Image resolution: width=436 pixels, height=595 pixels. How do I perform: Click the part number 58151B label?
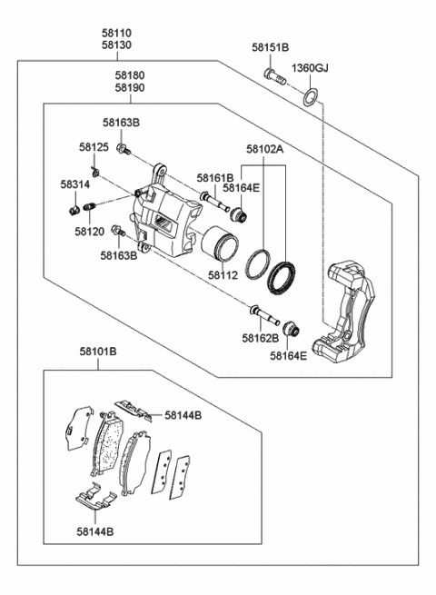click(x=270, y=47)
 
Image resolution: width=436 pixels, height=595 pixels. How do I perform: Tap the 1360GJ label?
click(x=310, y=68)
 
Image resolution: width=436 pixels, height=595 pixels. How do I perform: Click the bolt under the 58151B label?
click(x=274, y=76)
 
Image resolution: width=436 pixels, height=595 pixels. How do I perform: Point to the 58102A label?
click(x=264, y=149)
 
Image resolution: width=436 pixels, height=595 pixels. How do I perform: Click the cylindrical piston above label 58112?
click(x=219, y=244)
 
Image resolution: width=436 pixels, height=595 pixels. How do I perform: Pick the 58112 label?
click(x=223, y=275)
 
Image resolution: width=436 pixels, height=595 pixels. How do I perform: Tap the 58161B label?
click(x=214, y=178)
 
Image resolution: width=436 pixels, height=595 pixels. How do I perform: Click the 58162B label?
click(x=261, y=338)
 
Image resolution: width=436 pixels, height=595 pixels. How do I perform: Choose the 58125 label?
click(x=94, y=147)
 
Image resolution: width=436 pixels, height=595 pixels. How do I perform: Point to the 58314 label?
click(x=75, y=184)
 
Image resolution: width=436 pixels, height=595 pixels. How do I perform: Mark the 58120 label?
click(x=89, y=231)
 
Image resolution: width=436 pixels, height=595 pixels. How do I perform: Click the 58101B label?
click(x=98, y=352)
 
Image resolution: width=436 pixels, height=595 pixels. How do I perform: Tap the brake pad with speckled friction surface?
click(x=108, y=442)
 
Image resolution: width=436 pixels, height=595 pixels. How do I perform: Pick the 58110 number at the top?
click(x=116, y=34)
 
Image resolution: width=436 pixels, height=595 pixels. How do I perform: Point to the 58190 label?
click(x=130, y=87)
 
